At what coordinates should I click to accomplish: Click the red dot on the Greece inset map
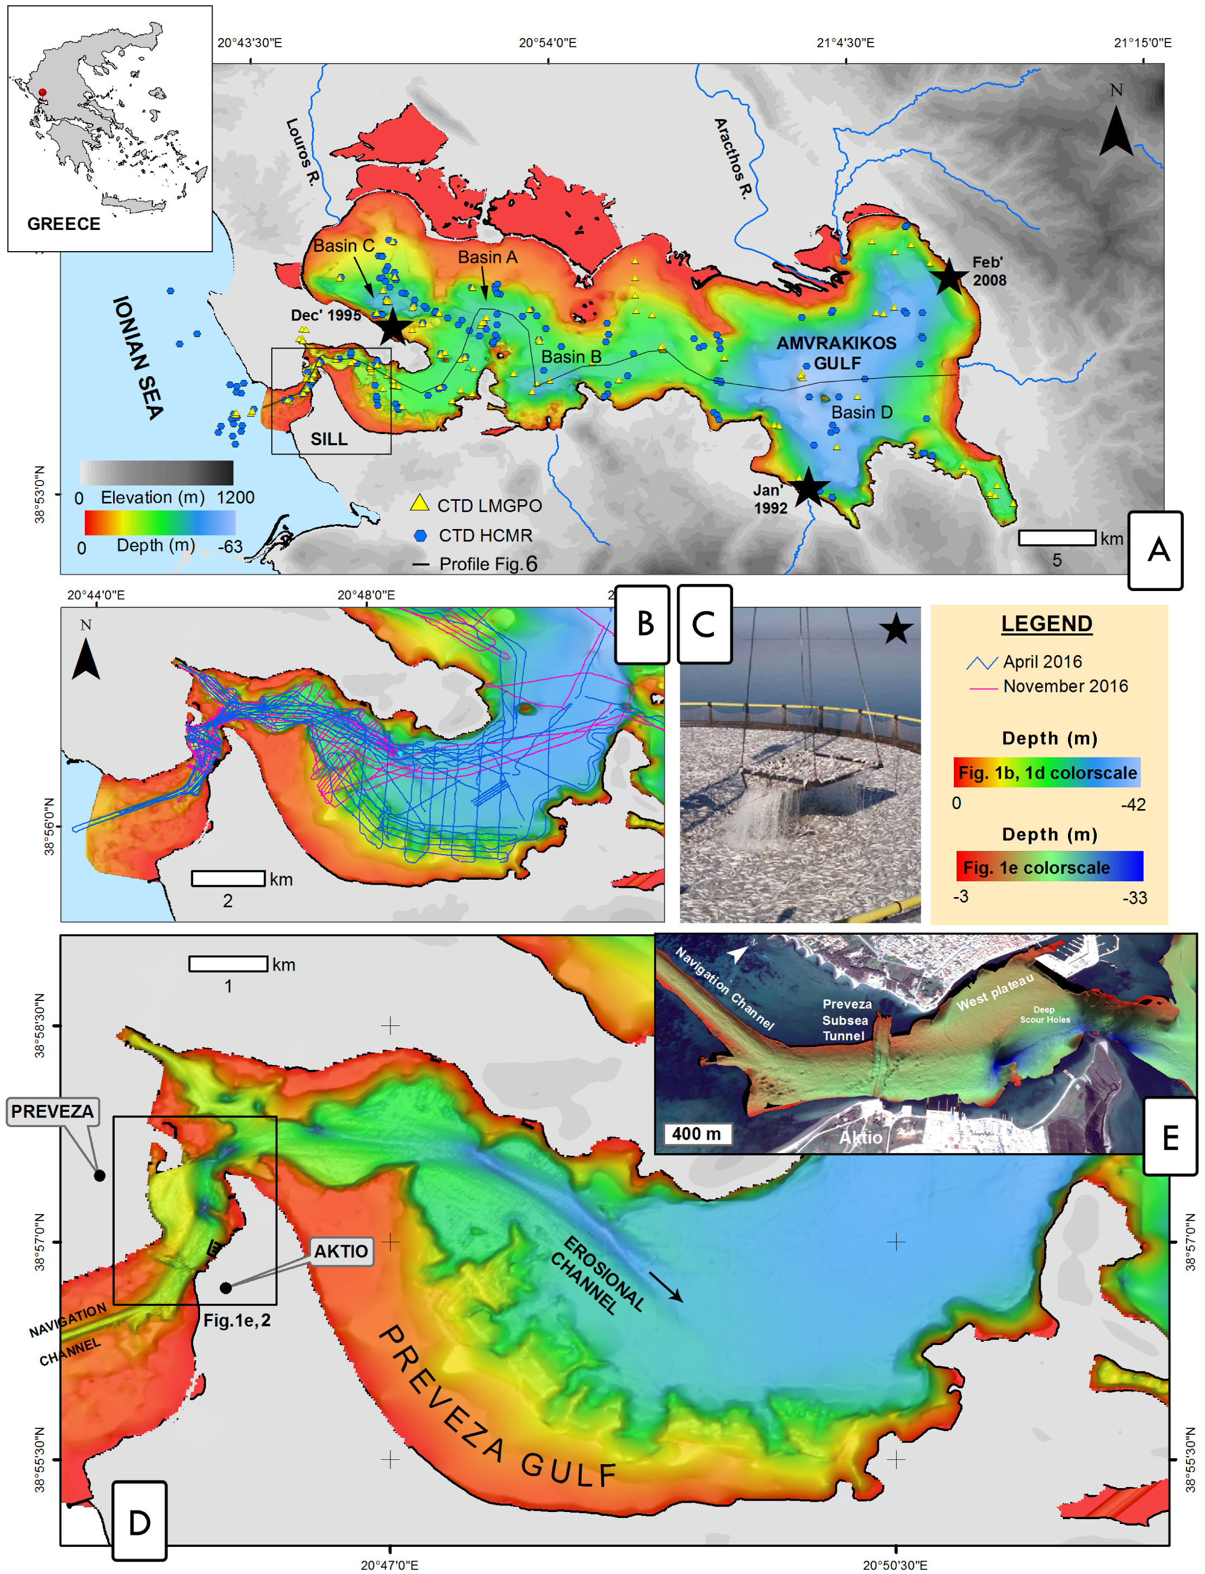pos(42,92)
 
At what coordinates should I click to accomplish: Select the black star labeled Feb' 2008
pos(949,276)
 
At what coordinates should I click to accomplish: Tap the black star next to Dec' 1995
pos(393,326)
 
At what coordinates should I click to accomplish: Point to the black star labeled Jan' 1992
pos(809,487)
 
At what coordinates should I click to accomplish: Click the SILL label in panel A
pos(328,439)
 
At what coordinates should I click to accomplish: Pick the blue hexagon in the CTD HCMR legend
pos(421,535)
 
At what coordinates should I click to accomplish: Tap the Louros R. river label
pos(301,152)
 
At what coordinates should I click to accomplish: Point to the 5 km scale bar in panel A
pos(1057,538)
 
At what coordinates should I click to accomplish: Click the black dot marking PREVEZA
pos(100,1175)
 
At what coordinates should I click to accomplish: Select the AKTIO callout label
pos(341,1251)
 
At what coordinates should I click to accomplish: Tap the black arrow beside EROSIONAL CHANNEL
pos(666,1287)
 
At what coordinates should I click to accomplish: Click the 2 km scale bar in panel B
pos(228,879)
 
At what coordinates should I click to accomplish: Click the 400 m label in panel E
pos(695,1134)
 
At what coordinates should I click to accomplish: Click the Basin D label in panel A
pos(861,412)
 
